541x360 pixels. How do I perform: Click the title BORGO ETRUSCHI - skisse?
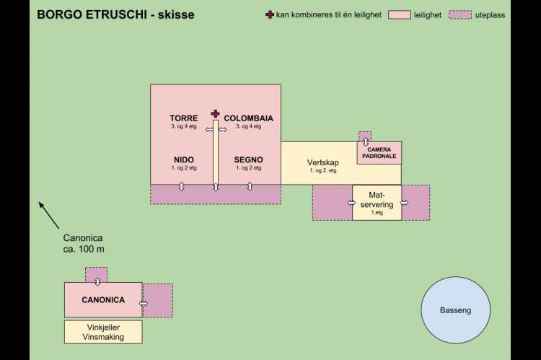click(x=115, y=14)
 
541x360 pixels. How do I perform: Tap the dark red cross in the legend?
click(x=270, y=14)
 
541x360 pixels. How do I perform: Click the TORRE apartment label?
click(x=184, y=118)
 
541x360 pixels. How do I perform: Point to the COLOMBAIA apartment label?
click(x=248, y=118)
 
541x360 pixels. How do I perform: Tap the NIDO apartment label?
click(x=184, y=159)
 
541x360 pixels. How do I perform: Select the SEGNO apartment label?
click(x=248, y=159)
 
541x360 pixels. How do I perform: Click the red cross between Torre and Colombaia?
click(x=215, y=113)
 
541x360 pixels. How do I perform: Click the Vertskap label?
click(x=322, y=163)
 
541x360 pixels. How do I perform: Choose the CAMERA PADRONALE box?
click(x=379, y=153)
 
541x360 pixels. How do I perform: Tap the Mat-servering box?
click(x=377, y=203)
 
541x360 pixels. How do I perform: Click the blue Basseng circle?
click(x=455, y=310)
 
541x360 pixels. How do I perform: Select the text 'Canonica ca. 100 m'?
click(x=83, y=243)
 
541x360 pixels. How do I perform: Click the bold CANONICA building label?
click(x=103, y=300)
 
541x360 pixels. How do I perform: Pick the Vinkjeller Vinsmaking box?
click(x=103, y=332)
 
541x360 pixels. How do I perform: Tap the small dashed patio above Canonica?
click(x=96, y=275)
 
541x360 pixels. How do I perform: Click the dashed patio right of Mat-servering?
click(x=416, y=203)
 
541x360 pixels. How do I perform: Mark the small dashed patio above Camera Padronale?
click(x=365, y=137)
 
